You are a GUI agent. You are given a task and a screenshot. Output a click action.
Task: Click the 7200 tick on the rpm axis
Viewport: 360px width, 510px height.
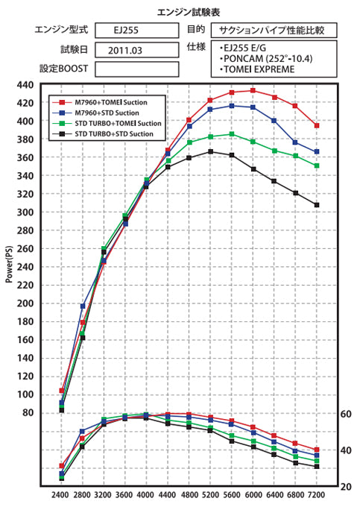click(x=317, y=494)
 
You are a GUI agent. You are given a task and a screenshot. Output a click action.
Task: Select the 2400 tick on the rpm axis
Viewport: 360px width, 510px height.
click(x=60, y=494)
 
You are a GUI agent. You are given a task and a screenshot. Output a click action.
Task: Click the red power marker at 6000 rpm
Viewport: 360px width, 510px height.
click(x=253, y=91)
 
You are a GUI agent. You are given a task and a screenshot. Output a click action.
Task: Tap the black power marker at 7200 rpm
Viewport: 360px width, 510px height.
click(x=317, y=205)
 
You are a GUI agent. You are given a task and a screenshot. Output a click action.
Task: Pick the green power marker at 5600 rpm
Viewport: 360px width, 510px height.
click(x=232, y=134)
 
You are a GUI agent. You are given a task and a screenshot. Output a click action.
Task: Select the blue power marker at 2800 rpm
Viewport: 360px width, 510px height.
click(x=83, y=306)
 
